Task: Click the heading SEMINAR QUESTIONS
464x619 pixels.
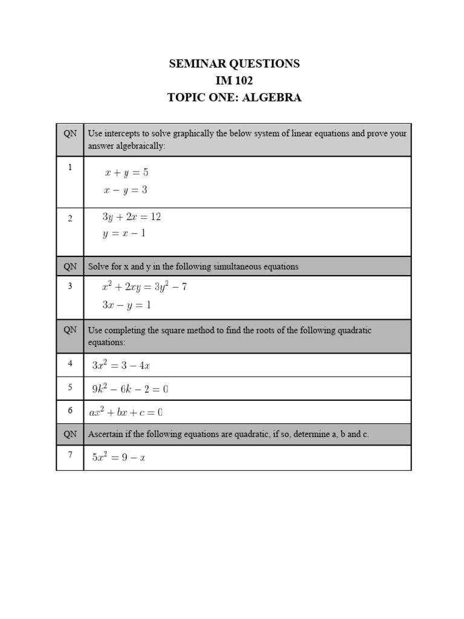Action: (x=234, y=63)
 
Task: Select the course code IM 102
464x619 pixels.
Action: (x=234, y=80)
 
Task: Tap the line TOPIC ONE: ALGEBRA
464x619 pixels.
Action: (x=234, y=97)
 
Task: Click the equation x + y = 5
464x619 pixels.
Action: (x=126, y=172)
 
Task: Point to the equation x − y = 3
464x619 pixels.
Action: (x=126, y=190)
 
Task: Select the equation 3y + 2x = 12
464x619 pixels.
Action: (x=131, y=216)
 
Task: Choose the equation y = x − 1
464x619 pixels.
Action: (x=124, y=233)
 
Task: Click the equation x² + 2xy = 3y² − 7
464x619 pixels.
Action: (x=144, y=287)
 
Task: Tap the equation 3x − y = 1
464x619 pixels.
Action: (x=126, y=305)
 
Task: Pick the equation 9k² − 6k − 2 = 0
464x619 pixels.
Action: (x=130, y=389)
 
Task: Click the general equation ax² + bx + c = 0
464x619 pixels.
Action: (x=126, y=413)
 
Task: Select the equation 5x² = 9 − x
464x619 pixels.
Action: (x=118, y=458)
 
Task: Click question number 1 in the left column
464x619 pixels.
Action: (x=70, y=167)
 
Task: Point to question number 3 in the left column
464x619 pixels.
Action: (x=70, y=286)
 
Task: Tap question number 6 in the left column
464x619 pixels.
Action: (x=70, y=410)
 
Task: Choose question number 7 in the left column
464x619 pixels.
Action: (x=70, y=455)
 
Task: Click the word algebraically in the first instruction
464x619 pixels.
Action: (x=139, y=146)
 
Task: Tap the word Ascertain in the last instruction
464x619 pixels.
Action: (x=105, y=434)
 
